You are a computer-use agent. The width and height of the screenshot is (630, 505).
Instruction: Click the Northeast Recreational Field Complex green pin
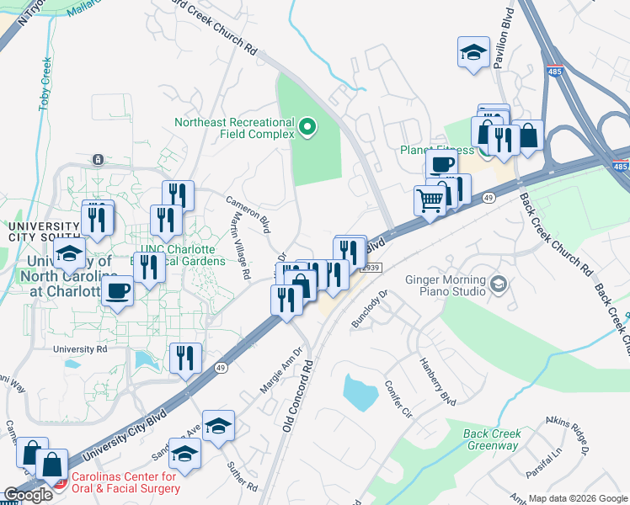click(x=307, y=128)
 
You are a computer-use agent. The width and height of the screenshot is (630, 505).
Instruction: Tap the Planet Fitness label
click(x=436, y=151)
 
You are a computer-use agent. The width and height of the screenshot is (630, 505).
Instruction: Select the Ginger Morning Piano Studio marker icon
click(x=499, y=284)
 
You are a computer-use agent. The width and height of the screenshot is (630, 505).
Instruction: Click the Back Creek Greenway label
click(x=493, y=439)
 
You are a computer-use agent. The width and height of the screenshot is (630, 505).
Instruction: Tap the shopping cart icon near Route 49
click(x=430, y=200)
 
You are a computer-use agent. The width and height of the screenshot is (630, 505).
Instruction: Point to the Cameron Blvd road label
click(x=248, y=214)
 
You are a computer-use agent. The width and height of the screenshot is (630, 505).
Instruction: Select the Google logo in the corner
click(x=28, y=495)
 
